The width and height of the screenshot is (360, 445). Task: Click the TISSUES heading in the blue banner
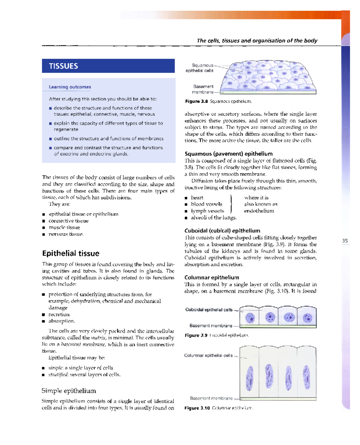point(63,66)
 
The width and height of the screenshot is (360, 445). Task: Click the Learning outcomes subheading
point(70,87)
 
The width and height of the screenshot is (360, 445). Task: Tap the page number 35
point(345,241)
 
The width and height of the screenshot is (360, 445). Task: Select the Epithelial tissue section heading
point(70,253)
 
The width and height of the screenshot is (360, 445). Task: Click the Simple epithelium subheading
point(69,391)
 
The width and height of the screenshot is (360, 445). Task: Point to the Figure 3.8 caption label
point(196,101)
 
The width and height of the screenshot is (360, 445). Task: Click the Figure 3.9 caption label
point(196,335)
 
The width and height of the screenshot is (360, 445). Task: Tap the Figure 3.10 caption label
point(197,408)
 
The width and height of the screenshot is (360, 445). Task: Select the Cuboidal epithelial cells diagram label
point(209,310)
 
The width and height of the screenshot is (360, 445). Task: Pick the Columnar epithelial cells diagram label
point(208,355)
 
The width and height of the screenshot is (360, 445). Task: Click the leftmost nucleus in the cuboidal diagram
point(250,317)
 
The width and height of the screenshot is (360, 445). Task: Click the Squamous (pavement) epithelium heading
point(229,154)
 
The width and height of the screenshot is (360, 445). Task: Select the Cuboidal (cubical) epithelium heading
point(222,230)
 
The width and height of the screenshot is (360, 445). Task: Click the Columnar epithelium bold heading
point(211,277)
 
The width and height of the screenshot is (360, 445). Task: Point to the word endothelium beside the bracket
point(259,211)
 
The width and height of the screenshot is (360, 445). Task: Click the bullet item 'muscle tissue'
point(64,227)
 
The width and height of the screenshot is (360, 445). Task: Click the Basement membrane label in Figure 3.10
point(211,398)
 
